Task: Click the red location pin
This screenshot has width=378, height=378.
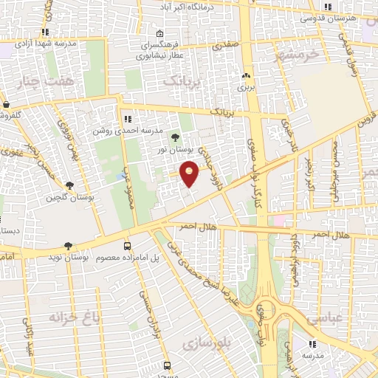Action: [x=190, y=174]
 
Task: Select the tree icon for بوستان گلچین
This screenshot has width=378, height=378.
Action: [x=69, y=186]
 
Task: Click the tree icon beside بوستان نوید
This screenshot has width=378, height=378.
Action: [x=69, y=246]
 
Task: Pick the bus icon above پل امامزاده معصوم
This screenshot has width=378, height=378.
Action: [x=127, y=246]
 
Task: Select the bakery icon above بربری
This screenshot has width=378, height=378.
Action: [x=245, y=75]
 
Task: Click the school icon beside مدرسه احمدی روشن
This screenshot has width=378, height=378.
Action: [x=128, y=118]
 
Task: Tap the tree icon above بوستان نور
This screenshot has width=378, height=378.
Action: [x=175, y=137]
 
